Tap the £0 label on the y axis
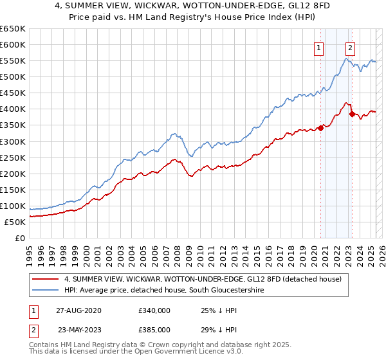pyautogui.click(x=20, y=238)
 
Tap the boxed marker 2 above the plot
pyautogui.click(x=350, y=47)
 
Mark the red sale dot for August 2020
pyautogui.click(x=320, y=128)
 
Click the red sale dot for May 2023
pyautogui.click(x=352, y=114)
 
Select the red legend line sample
pyautogui.click(x=46, y=280)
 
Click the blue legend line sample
pyautogui.click(x=46, y=291)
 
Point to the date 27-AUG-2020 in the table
pyautogui.click(x=79, y=310)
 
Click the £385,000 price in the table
pyautogui.click(x=154, y=330)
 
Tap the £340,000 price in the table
pyautogui.click(x=154, y=310)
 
